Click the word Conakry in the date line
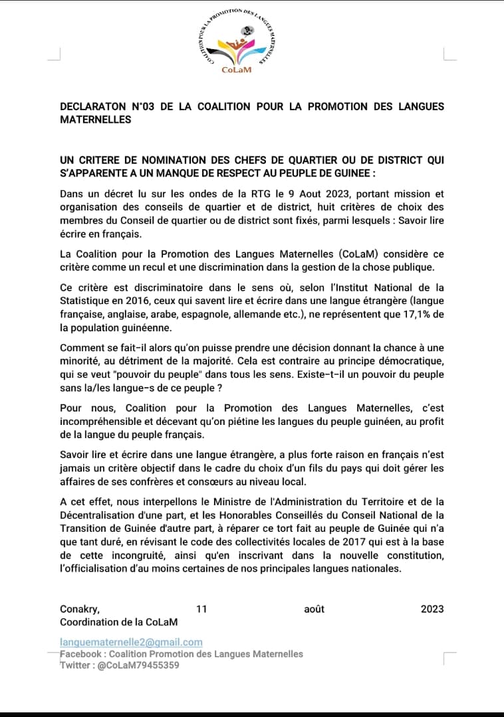click(x=80, y=609)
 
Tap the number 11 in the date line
click(x=202, y=609)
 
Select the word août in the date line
click(x=314, y=609)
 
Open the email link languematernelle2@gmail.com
click(x=131, y=643)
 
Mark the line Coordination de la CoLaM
click(x=118, y=622)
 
